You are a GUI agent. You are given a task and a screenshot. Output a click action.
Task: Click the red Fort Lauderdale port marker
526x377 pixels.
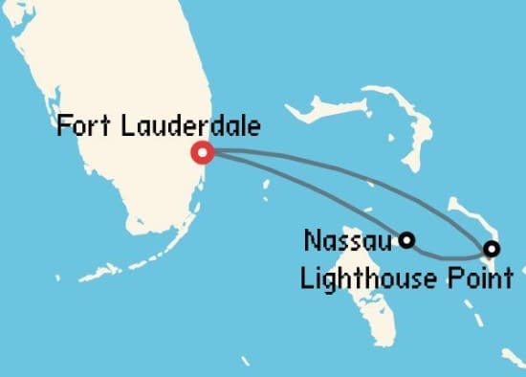pos(202,152)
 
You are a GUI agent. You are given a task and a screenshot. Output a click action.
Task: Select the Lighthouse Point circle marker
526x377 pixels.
pos(492,249)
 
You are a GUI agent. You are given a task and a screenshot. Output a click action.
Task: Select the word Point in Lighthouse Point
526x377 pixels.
pos(484,279)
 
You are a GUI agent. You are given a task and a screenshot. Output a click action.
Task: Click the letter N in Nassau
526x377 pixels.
pos(310,239)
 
